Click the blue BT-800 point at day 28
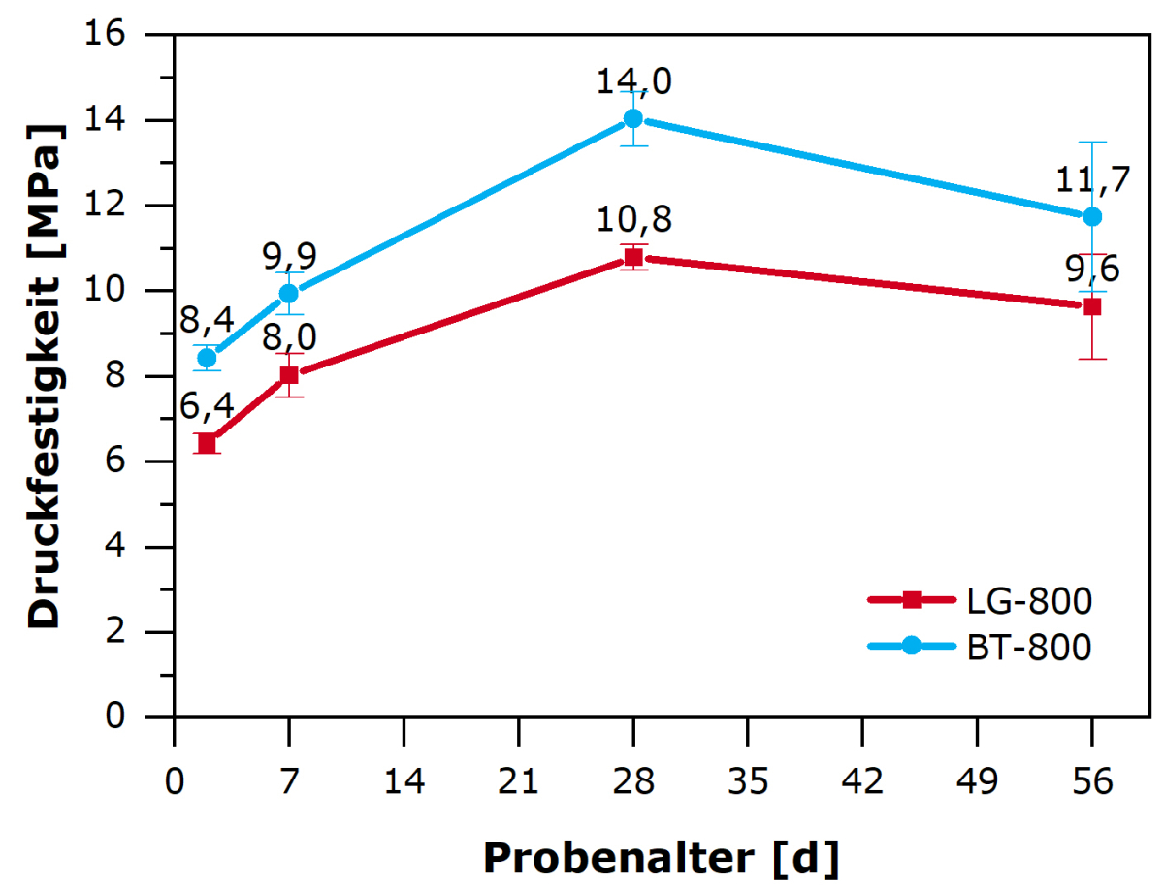pyautogui.click(x=633, y=118)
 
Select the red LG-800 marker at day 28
pyautogui.click(x=633, y=257)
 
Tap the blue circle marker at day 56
pyautogui.click(x=1092, y=216)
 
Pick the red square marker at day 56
pyautogui.click(x=1092, y=306)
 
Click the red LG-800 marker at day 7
pyautogui.click(x=288, y=375)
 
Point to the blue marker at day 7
pyautogui.click(x=288, y=293)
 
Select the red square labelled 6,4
pyautogui.click(x=207, y=443)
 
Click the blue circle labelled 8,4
pyautogui.click(x=207, y=358)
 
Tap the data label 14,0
pyautogui.click(x=633, y=82)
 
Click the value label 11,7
pyautogui.click(x=1093, y=180)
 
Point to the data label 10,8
pyautogui.click(x=633, y=221)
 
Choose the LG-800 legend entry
pyautogui.click(x=1028, y=601)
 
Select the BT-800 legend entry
pyautogui.click(x=1028, y=647)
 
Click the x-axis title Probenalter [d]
pyautogui.click(x=661, y=857)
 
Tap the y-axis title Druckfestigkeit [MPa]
pyautogui.click(x=44, y=375)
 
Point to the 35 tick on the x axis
pyautogui.click(x=748, y=756)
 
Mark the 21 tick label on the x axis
pyautogui.click(x=519, y=756)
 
